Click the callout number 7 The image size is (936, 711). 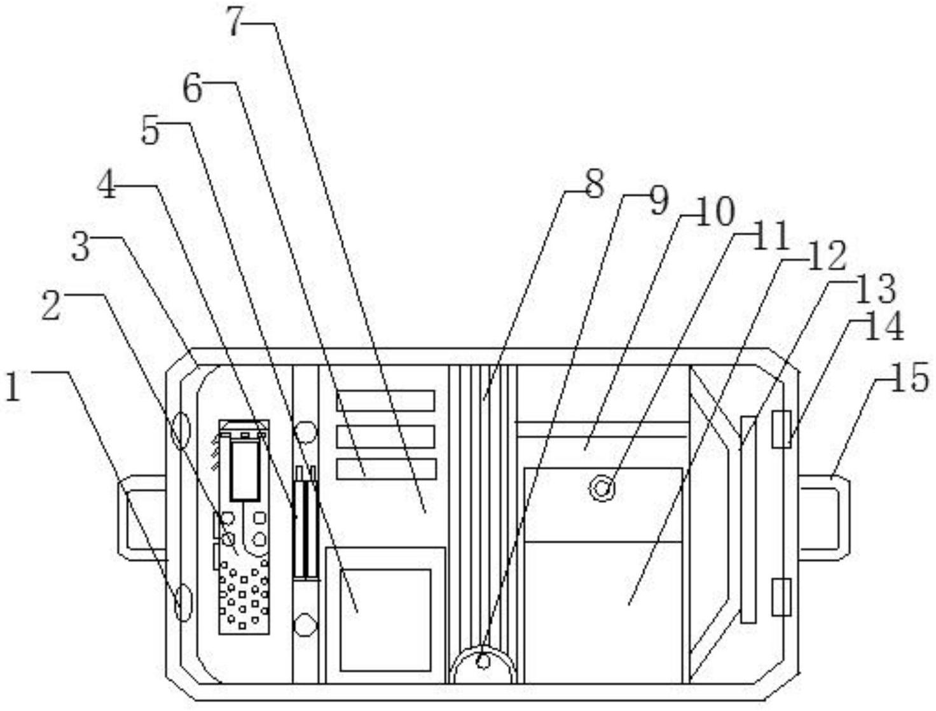(x=235, y=23)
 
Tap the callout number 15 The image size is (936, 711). (x=911, y=379)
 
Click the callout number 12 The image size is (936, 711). (x=826, y=258)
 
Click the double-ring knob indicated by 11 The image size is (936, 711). (x=602, y=488)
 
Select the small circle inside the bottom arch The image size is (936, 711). (x=483, y=662)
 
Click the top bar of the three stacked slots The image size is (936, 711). (x=385, y=400)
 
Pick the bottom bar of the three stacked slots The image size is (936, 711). (x=386, y=469)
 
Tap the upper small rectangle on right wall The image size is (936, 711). (x=781, y=429)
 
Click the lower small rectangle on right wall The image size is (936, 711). (x=781, y=597)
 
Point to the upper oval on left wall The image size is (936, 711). (x=181, y=430)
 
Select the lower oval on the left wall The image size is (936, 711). (x=182, y=602)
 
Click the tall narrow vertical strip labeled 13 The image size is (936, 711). (x=748, y=519)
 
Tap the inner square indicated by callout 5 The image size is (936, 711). (x=385, y=619)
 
